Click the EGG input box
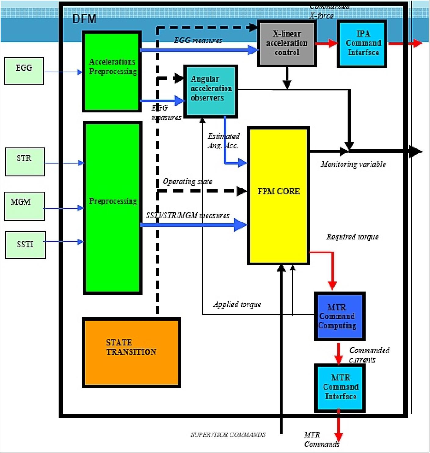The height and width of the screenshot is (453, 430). [24, 71]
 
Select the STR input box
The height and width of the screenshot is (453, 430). [25, 162]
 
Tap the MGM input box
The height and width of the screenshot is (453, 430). [24, 206]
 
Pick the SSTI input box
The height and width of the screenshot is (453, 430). [25, 245]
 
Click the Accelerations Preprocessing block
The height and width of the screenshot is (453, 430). [112, 72]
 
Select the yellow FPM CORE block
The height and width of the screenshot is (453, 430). [278, 196]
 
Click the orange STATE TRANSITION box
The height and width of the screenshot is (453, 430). [131, 352]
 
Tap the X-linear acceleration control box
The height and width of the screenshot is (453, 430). [287, 43]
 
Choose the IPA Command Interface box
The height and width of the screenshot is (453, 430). [362, 44]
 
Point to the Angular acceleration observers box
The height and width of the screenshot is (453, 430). [211, 91]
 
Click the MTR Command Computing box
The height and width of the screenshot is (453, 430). [340, 317]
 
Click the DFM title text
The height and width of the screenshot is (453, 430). [85, 19]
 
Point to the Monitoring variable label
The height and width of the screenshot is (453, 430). [353, 165]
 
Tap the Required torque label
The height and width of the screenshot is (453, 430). [352, 237]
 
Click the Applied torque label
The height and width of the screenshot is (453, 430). [237, 304]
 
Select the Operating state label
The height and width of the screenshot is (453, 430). [187, 182]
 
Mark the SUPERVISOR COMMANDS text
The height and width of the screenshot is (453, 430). [228, 435]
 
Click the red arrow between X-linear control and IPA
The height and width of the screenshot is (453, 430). [326, 43]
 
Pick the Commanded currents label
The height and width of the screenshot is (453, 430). [369, 355]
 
